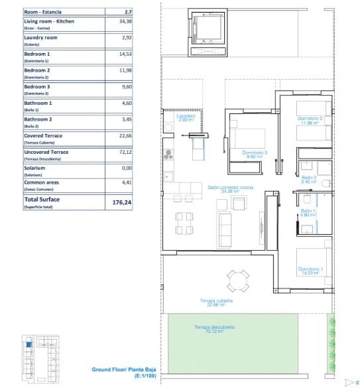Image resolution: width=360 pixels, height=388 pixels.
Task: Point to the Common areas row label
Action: (x=41, y=184)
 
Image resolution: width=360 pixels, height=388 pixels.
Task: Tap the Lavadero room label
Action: (x=186, y=117)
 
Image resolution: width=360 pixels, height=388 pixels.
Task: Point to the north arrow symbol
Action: (x=349, y=382)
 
